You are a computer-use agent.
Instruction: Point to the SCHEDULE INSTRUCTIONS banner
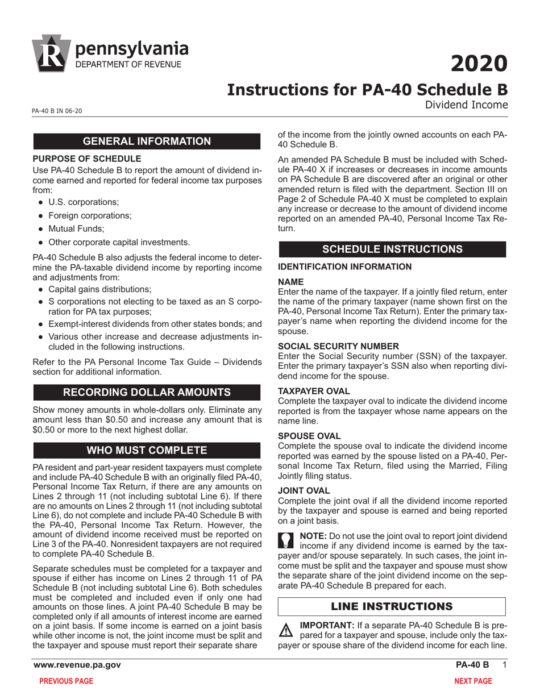pos(392,249)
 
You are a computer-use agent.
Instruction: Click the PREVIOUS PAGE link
pos(65,681)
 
